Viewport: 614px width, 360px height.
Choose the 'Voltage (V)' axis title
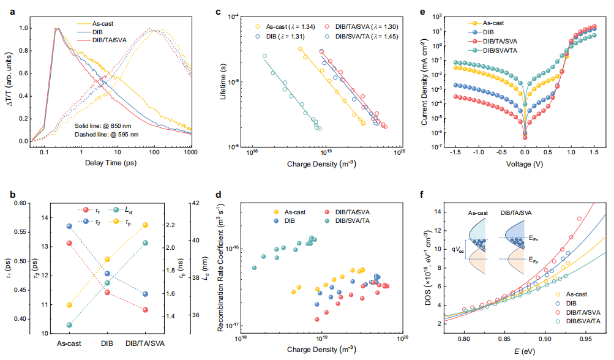[x=524, y=164]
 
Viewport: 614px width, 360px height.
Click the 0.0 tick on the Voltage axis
[x=525, y=152]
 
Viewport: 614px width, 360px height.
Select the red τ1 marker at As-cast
[x=69, y=243]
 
